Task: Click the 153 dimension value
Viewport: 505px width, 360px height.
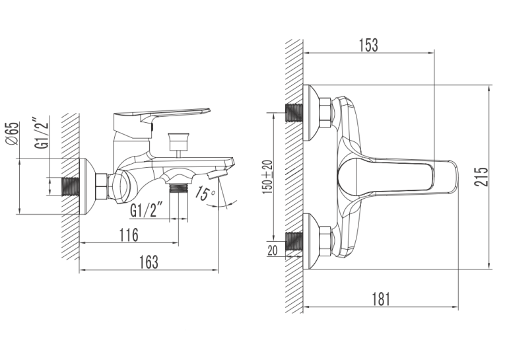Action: pyautogui.click(x=369, y=46)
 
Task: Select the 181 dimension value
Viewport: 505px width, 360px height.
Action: pyautogui.click(x=381, y=299)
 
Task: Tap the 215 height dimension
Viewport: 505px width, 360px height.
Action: pyautogui.click(x=481, y=176)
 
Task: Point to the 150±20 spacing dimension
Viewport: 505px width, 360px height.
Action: pyautogui.click(x=267, y=177)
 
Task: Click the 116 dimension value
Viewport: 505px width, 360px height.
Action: pyautogui.click(x=129, y=235)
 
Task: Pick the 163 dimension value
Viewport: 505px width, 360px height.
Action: pyautogui.click(x=149, y=262)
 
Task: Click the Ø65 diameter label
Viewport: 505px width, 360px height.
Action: pyautogui.click(x=13, y=133)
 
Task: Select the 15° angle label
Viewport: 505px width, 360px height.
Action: pyautogui.click(x=205, y=193)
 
